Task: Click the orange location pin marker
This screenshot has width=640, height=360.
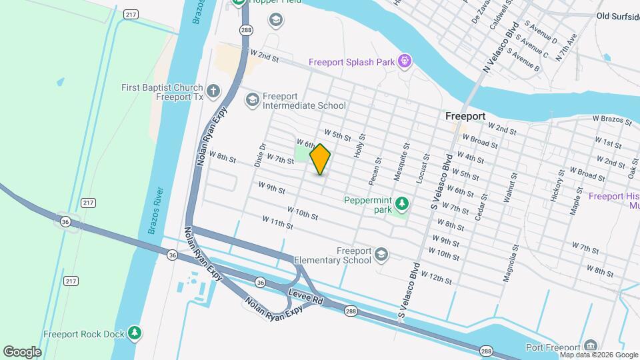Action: [320, 159]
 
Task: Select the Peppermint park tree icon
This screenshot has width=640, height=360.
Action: [401, 202]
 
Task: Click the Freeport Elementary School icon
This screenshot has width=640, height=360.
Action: [381, 254]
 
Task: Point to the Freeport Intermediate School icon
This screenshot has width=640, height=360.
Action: [252, 100]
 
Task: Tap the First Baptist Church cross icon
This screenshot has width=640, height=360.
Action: [213, 91]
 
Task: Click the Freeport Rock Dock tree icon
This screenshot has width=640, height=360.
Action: [135, 332]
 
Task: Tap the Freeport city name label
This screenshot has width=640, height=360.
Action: [465, 116]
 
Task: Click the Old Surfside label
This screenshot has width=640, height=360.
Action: [617, 15]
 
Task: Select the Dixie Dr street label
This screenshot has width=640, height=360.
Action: [261, 155]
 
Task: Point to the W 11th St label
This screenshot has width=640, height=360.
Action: [277, 222]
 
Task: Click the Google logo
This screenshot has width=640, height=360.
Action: [22, 351]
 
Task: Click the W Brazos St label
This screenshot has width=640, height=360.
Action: [612, 120]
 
